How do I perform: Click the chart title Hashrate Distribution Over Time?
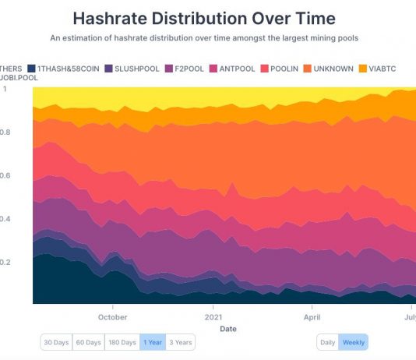204,18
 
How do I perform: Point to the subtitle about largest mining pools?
204,37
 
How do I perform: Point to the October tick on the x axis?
113,317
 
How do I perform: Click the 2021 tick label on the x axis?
213,317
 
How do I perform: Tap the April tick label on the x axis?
312,317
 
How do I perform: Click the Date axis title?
227,329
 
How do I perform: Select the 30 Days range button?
57,342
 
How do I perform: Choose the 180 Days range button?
123,342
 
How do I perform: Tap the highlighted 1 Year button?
153,342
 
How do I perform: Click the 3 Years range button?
181,342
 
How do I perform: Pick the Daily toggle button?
327,342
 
